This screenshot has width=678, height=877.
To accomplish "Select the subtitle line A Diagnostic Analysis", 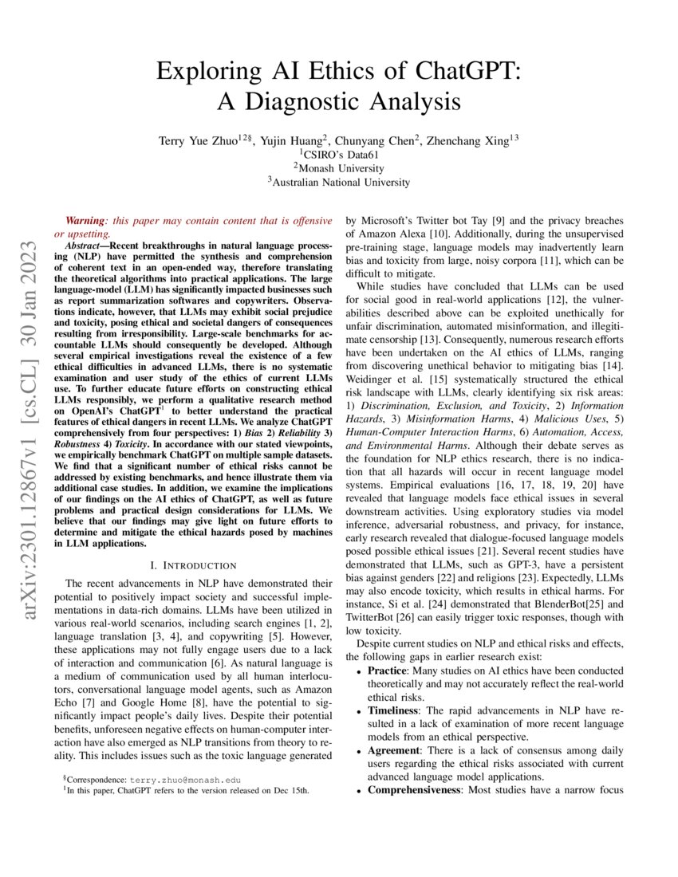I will [339, 102].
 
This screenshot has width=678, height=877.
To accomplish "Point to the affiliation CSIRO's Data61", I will [339, 154].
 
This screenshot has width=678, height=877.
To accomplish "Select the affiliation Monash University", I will [339, 167].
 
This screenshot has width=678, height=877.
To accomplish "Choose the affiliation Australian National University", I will [339, 182].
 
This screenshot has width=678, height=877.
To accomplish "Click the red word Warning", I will [85, 219].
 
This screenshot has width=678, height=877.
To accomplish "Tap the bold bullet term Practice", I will [391, 671].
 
